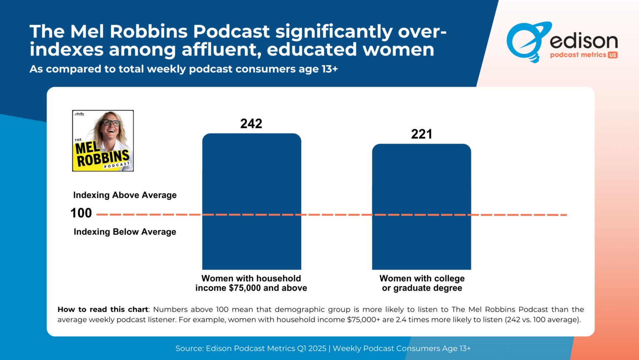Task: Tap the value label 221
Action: coord(421,134)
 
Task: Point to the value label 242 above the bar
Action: coord(251,124)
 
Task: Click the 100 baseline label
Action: coord(81,213)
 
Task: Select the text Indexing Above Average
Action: coord(125,195)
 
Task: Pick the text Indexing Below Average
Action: coord(125,232)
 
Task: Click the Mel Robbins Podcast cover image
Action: coord(103,141)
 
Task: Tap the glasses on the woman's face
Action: coord(111,123)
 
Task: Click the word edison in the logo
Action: coord(584,41)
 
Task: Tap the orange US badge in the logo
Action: coord(612,55)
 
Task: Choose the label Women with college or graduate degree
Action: coord(422,283)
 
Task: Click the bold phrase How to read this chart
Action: coord(103,309)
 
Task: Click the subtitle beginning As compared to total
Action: coord(183,69)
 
